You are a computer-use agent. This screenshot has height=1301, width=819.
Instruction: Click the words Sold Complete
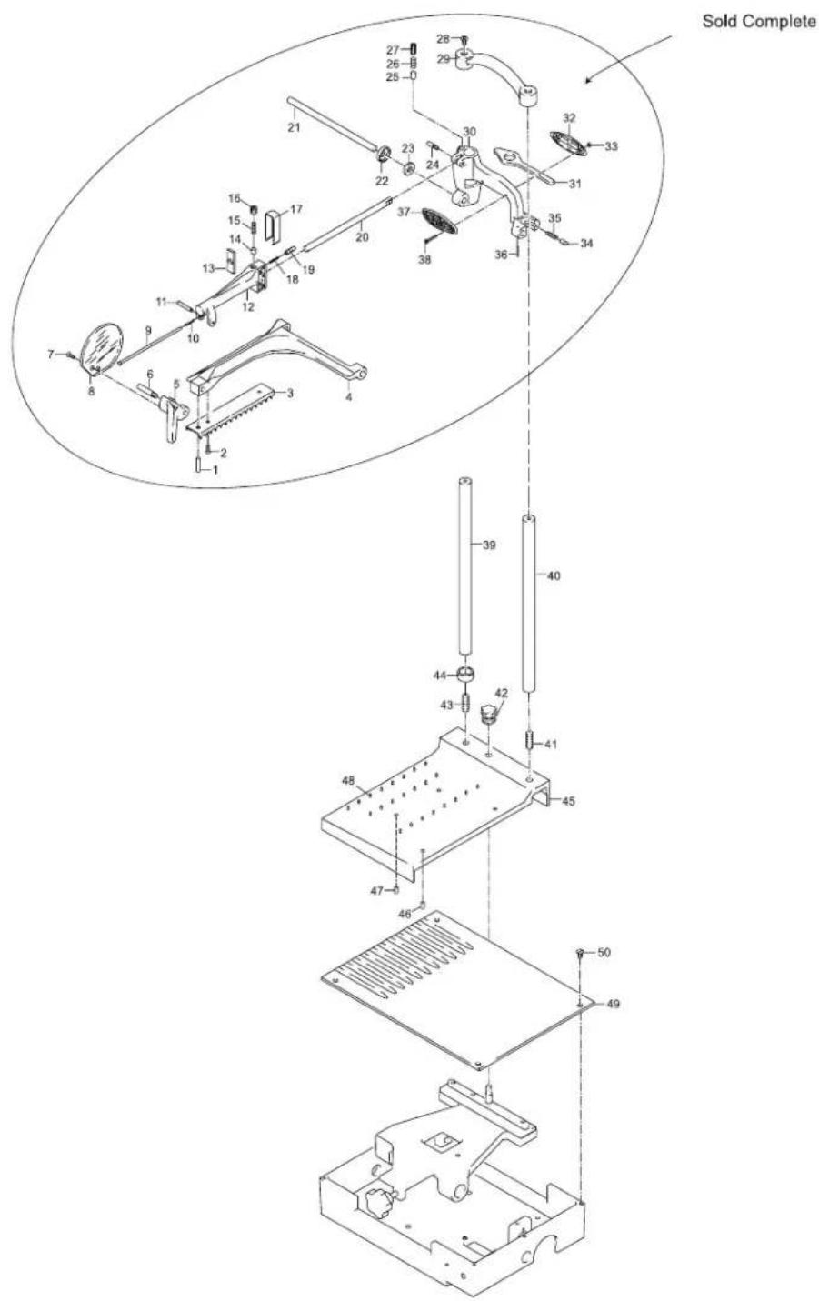tap(759, 22)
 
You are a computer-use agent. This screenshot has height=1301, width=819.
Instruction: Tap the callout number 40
tap(554, 575)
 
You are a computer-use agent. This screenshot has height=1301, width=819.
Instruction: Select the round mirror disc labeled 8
tap(104, 347)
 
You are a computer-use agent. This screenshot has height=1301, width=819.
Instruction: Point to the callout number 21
tap(294, 127)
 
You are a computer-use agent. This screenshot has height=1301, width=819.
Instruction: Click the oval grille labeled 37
tap(440, 221)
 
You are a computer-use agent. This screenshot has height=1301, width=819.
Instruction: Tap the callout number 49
tap(613, 1003)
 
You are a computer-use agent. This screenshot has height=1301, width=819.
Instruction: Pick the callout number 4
tap(348, 398)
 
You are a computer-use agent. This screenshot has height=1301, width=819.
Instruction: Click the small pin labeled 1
tap(197, 465)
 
